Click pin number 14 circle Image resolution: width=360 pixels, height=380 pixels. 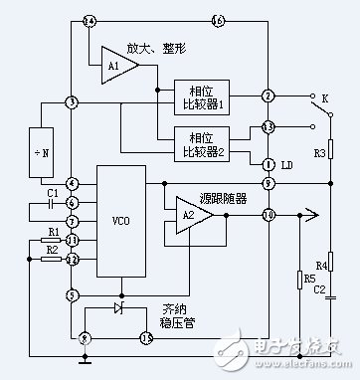point(90,21)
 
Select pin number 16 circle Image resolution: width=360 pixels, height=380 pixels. point(219,21)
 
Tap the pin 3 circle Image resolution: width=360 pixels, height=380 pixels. point(71,102)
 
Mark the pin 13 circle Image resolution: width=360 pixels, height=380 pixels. point(268,127)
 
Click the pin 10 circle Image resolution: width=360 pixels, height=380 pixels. point(268,215)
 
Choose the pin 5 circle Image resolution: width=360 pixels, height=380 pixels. point(71,294)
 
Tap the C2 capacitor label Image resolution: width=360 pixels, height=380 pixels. point(321,288)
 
